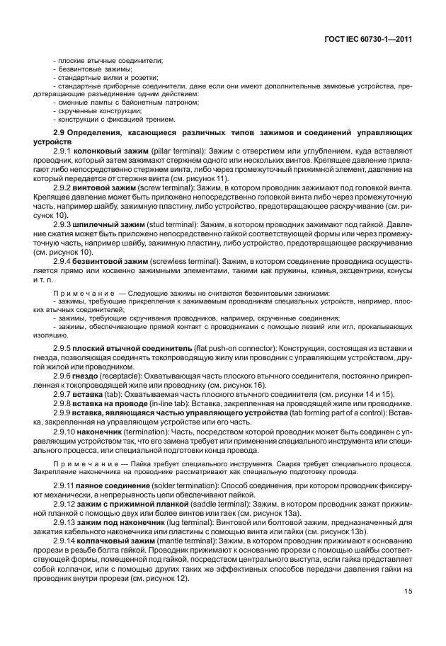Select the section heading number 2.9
pos(61,133)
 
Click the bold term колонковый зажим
pos(111,152)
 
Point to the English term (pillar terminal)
pos(176,152)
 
